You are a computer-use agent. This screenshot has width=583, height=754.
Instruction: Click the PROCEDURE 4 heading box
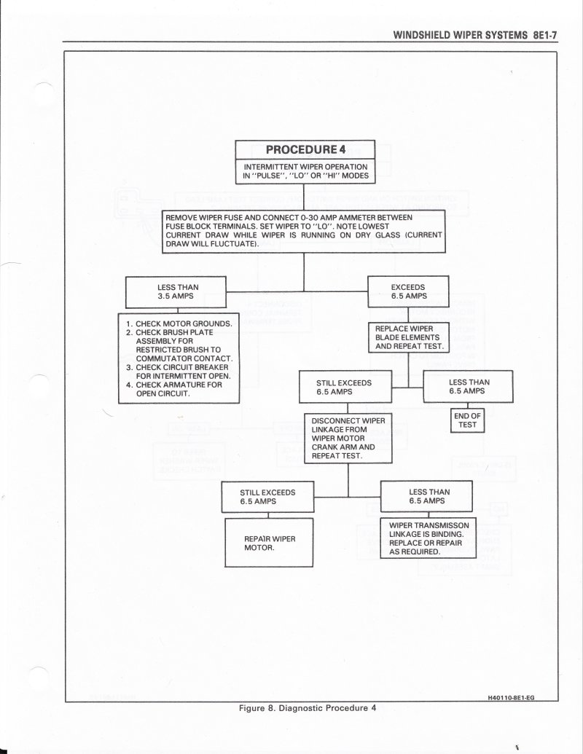coord(305,150)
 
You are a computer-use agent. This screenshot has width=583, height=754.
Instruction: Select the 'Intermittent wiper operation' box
coord(305,171)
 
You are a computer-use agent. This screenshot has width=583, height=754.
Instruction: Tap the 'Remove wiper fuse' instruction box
coord(303,231)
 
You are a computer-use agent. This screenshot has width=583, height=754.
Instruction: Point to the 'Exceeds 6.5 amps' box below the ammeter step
coord(408,291)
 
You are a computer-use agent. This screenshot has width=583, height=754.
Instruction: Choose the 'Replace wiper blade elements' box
coord(408,338)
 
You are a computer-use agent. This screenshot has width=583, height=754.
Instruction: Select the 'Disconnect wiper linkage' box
coord(348,439)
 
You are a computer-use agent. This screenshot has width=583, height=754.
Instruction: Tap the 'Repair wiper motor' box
coord(269,543)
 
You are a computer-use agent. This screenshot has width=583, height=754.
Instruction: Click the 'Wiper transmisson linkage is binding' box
coord(429,538)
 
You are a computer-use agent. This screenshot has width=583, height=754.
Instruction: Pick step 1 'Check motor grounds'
coord(179,323)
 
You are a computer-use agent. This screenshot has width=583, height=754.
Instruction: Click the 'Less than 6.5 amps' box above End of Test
coord(468,386)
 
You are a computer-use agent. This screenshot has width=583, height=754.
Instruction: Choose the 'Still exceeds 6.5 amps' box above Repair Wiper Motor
coord(268,497)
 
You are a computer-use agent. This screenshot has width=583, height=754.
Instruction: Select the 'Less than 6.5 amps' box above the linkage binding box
coord(429,496)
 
